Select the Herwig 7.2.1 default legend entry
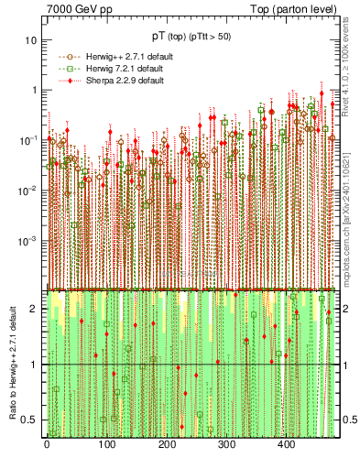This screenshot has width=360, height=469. click(120, 69)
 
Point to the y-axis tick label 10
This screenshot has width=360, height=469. click(32, 40)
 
